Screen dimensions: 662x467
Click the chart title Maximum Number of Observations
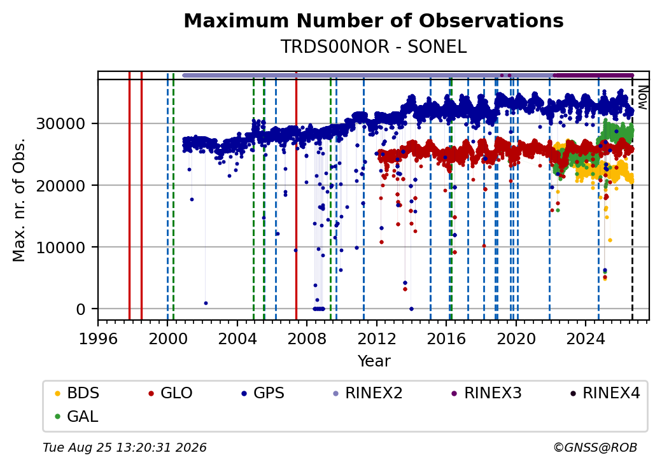pyautogui.click(x=374, y=20)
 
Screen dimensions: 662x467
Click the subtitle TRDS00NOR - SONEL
pyautogui.click(x=374, y=46)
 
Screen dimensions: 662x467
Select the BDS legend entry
pyautogui.click(x=77, y=393)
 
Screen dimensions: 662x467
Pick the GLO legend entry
pyautogui.click(x=171, y=393)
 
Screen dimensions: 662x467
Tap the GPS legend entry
pyautogui.click(x=263, y=393)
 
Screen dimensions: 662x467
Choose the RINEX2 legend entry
pyautogui.click(x=368, y=393)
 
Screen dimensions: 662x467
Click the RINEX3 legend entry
pyautogui.click(x=487, y=393)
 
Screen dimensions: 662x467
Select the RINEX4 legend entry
pyautogui.click(x=605, y=393)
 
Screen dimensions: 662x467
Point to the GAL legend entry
pyautogui.click(x=77, y=416)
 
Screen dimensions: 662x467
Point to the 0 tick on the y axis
pyautogui.click(x=81, y=309)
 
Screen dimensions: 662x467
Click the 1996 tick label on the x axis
pyautogui.click(x=98, y=338)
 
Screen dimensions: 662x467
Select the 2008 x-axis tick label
pyautogui.click(x=307, y=338)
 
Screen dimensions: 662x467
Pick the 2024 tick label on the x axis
pyautogui.click(x=586, y=338)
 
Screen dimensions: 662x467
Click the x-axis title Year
pyautogui.click(x=374, y=361)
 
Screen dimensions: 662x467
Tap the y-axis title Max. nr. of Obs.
pyautogui.click(x=19, y=200)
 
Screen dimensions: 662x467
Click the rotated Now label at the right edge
pyautogui.click(x=642, y=97)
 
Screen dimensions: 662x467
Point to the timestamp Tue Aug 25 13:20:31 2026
pyautogui.click(x=125, y=447)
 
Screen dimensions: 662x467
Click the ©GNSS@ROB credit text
pyautogui.click(x=595, y=447)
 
